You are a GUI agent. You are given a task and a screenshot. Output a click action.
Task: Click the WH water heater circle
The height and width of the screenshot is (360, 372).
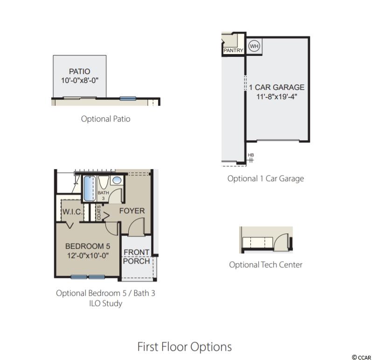coord(254,46)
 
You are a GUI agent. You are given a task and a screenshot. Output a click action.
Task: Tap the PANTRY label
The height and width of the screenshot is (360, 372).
coord(234,50)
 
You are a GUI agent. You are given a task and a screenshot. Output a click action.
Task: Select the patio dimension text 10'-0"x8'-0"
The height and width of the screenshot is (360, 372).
coord(79,81)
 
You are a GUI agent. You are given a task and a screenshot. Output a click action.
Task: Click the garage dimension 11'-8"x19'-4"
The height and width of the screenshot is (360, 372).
coord(276,97)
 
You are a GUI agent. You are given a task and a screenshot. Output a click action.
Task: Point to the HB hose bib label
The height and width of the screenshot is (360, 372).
coord(251,155)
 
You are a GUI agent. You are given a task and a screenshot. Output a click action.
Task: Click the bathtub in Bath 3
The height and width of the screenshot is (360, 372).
coord(90,189)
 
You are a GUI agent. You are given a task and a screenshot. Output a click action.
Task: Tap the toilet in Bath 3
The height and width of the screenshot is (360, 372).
coord(103,182)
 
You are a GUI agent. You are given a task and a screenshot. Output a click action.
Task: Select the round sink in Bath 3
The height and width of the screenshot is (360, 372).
coord(117,180)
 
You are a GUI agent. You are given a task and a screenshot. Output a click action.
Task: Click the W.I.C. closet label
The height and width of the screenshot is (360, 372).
coord(72,211)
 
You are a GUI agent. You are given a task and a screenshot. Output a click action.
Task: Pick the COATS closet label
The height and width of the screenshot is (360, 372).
coord(99,212)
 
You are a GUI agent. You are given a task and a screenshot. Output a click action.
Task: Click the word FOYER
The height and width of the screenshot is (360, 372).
coord(132,211)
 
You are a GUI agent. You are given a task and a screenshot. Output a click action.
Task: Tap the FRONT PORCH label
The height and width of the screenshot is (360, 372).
coord(137,257)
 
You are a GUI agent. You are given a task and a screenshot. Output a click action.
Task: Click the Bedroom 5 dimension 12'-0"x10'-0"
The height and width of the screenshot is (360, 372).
coord(88,256)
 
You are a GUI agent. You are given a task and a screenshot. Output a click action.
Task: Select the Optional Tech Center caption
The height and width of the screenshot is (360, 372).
coord(266,265)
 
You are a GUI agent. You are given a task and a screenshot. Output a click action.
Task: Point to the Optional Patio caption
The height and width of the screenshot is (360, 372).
coord(105,119)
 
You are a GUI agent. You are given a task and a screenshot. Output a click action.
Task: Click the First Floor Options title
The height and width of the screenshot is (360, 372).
coord(185,347)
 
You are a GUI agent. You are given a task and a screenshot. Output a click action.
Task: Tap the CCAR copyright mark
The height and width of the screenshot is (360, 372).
coord(361,357)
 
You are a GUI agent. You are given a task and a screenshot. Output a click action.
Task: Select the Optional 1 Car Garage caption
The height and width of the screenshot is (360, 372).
coord(266,178)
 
